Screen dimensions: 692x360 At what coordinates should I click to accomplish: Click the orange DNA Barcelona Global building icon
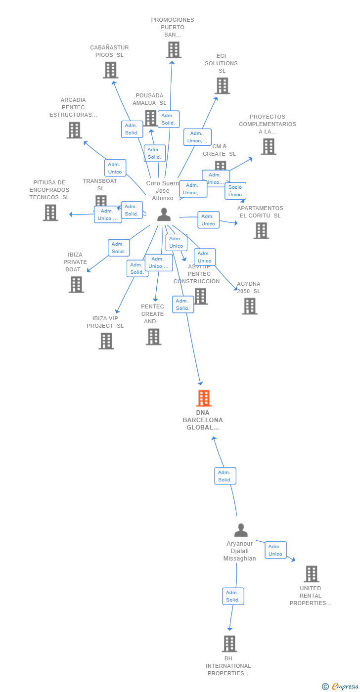coord(204,398)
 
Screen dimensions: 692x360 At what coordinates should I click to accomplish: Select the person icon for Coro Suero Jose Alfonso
coord(164,215)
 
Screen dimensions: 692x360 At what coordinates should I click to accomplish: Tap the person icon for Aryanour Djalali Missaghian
coord(241,530)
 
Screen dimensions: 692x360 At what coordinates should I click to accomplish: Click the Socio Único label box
coord(235,191)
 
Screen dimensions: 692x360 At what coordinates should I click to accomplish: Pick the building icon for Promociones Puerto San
coord(174,50)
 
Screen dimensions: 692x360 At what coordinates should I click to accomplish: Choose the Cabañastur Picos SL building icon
coord(110,70)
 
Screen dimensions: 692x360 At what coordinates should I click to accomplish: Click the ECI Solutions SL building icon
coord(222,86)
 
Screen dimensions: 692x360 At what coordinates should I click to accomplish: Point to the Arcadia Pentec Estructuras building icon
coord(74,130)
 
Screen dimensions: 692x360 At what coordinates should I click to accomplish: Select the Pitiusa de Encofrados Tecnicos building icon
coord(50,213)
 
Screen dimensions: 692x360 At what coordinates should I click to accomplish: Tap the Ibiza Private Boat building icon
coord(76,285)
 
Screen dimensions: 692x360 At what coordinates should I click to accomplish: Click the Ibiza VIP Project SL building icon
coord(106,341)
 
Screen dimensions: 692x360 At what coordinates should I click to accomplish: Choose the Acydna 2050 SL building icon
coord(250,306)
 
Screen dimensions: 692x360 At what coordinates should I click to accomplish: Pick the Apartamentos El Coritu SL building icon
coord(261,231)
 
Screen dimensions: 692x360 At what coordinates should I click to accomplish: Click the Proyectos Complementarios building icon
coord(269,147)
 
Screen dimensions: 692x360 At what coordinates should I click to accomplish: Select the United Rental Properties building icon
coord(312,574)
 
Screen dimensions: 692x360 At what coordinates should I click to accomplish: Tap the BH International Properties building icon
coord(229,644)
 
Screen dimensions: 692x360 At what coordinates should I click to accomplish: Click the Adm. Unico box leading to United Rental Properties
coord(275,550)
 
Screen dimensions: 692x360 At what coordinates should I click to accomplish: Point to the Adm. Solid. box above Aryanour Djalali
coord(225,476)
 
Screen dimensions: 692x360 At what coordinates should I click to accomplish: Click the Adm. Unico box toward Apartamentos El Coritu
coord(208,220)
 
